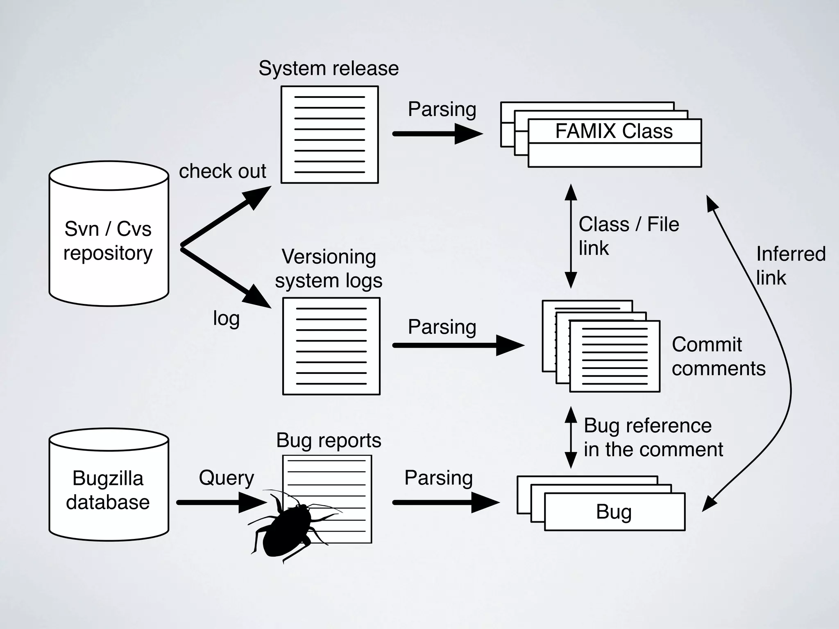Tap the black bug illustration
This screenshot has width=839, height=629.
287,528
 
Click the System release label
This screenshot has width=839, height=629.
329,68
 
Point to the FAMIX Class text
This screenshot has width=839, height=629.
614,131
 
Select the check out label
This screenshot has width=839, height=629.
222,171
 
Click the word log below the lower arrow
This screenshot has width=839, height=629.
226,318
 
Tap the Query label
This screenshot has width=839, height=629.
226,478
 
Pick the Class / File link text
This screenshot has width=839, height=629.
628,236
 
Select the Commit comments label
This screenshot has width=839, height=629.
718,356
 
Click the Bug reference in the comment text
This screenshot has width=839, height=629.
653,437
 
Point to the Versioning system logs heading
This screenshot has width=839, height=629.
329,269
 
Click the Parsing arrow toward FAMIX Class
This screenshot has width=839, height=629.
437,134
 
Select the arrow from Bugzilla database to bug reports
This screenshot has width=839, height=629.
221,502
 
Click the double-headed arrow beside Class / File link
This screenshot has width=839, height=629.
571,236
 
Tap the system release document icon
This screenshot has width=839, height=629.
329,134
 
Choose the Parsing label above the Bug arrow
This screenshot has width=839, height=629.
438,478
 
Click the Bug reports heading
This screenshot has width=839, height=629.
329,441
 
